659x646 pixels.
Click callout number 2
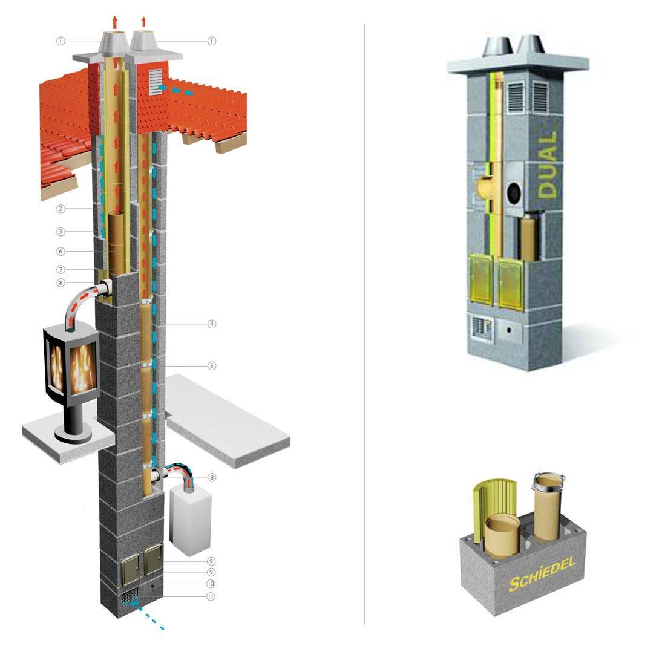click(61, 208)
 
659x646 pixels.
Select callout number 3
click(61, 232)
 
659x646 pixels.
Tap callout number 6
click(61, 252)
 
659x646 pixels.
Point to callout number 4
click(212, 324)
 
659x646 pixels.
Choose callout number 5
click(212, 365)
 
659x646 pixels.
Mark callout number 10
click(211, 584)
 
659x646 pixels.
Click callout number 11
click(211, 596)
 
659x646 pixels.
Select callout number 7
click(61, 269)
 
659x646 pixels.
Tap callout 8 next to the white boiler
click(212, 477)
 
